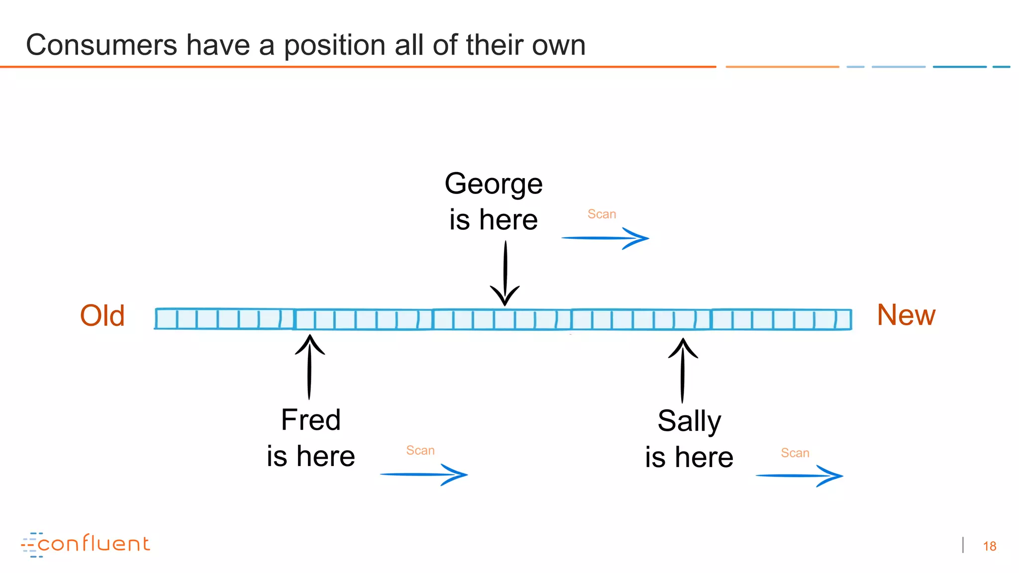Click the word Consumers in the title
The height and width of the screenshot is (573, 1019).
point(101,45)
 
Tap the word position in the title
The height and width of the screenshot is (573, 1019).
point(335,45)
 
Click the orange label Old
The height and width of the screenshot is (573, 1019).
point(102,316)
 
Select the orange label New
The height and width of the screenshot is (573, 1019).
point(906,315)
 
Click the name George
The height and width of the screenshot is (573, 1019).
point(493,184)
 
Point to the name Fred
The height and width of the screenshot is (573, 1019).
point(310,420)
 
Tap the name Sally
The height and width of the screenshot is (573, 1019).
point(689,421)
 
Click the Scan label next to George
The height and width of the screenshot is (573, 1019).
point(602,214)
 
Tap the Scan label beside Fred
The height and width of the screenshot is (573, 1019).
point(420,451)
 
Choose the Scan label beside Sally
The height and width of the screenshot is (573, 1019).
point(795,453)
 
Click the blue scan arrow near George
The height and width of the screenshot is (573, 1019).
point(605,238)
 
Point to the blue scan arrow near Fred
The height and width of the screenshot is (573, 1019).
point(423,475)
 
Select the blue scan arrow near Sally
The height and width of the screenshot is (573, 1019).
point(799,476)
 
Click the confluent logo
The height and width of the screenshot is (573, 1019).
point(86,544)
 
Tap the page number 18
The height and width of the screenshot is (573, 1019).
point(989,547)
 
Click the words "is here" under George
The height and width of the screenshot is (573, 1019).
point(493,220)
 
